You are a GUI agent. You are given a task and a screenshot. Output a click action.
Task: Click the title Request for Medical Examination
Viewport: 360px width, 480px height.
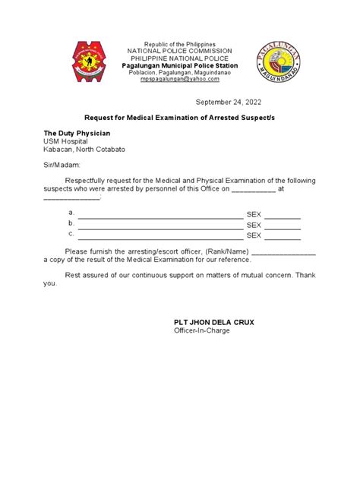[180, 118]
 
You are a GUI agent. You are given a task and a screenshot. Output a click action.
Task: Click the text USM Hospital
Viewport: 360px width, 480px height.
[65, 141]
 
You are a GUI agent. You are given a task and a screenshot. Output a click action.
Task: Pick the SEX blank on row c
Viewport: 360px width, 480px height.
[283, 235]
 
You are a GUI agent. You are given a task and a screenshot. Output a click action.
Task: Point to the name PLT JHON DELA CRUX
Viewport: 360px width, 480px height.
[214, 322]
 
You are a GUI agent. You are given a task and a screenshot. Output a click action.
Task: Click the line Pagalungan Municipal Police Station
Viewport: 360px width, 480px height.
[180, 66]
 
